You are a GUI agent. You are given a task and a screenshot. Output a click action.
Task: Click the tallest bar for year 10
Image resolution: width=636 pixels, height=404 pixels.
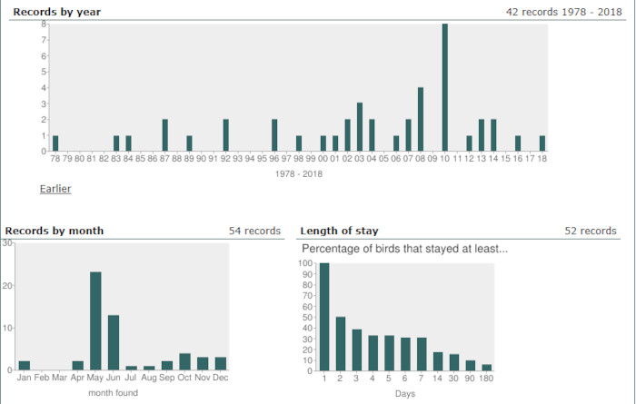[x=444, y=87]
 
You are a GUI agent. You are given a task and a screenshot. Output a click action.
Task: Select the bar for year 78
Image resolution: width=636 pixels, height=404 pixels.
[x=55, y=143]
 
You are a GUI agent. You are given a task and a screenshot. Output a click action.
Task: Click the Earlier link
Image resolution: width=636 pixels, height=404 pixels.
[x=55, y=189]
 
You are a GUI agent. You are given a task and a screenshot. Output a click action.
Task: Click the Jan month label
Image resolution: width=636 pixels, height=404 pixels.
[x=25, y=378]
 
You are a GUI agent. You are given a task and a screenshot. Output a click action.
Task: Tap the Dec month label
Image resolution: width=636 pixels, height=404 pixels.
[x=220, y=378]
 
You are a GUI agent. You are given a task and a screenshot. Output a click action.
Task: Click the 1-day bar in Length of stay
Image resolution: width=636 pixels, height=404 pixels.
[x=324, y=316]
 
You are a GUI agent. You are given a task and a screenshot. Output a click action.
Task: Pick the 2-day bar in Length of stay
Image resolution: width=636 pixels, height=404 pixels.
[x=340, y=343]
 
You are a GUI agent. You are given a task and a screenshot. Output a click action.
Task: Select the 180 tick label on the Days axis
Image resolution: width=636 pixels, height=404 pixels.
[x=487, y=378]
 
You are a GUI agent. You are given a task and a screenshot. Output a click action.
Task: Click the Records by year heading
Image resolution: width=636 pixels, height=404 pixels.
[x=52, y=12]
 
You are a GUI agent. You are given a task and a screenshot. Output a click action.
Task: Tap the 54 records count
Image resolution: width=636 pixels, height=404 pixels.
[x=254, y=231]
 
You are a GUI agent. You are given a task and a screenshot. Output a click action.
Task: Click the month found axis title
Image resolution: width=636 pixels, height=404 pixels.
[x=113, y=392]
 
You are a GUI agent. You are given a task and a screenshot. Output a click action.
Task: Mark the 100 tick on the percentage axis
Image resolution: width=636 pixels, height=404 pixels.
[x=306, y=264]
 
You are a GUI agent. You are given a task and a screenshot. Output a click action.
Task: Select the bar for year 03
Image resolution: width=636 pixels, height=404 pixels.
[x=360, y=127]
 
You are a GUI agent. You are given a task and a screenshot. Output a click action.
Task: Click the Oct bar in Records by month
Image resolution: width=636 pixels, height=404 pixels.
[x=184, y=361]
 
